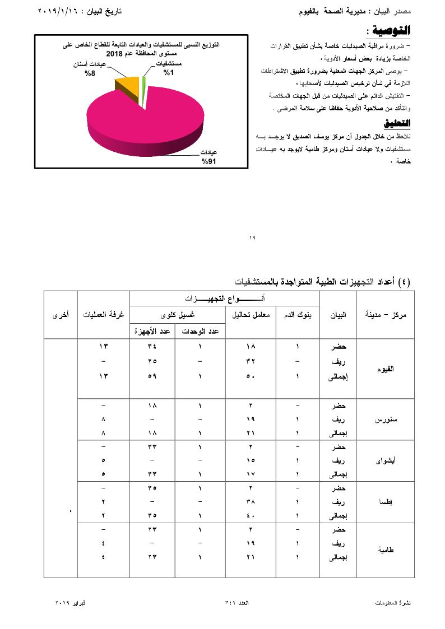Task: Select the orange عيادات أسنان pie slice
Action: click(128, 86)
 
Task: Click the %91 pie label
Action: click(209, 161)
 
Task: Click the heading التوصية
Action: click(391, 30)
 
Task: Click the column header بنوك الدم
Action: click(298, 315)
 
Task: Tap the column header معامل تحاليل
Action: click(251, 315)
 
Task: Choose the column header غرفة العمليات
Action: click(104, 315)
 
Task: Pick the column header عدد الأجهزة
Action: click(152, 332)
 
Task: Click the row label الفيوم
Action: click(386, 369)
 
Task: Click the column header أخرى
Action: click(61, 315)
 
